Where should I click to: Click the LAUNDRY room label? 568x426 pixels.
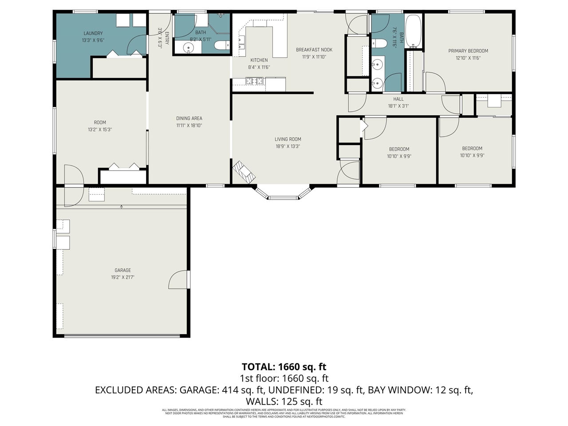93,33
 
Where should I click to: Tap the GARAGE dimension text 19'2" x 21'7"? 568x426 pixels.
122,277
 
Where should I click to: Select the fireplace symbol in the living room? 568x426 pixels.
244,172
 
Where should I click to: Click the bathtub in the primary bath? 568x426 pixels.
414,32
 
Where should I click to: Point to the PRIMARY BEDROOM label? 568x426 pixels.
468,51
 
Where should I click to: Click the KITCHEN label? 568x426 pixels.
259,60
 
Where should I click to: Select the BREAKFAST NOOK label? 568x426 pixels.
314,50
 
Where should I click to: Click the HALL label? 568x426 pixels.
398,99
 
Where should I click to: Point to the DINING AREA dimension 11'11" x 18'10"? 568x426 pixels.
189,126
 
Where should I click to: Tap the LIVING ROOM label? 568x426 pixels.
288,139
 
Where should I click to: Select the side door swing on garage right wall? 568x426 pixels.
179,280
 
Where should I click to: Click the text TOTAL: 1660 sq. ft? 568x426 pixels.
284,367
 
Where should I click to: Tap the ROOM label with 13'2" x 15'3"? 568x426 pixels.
100,122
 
